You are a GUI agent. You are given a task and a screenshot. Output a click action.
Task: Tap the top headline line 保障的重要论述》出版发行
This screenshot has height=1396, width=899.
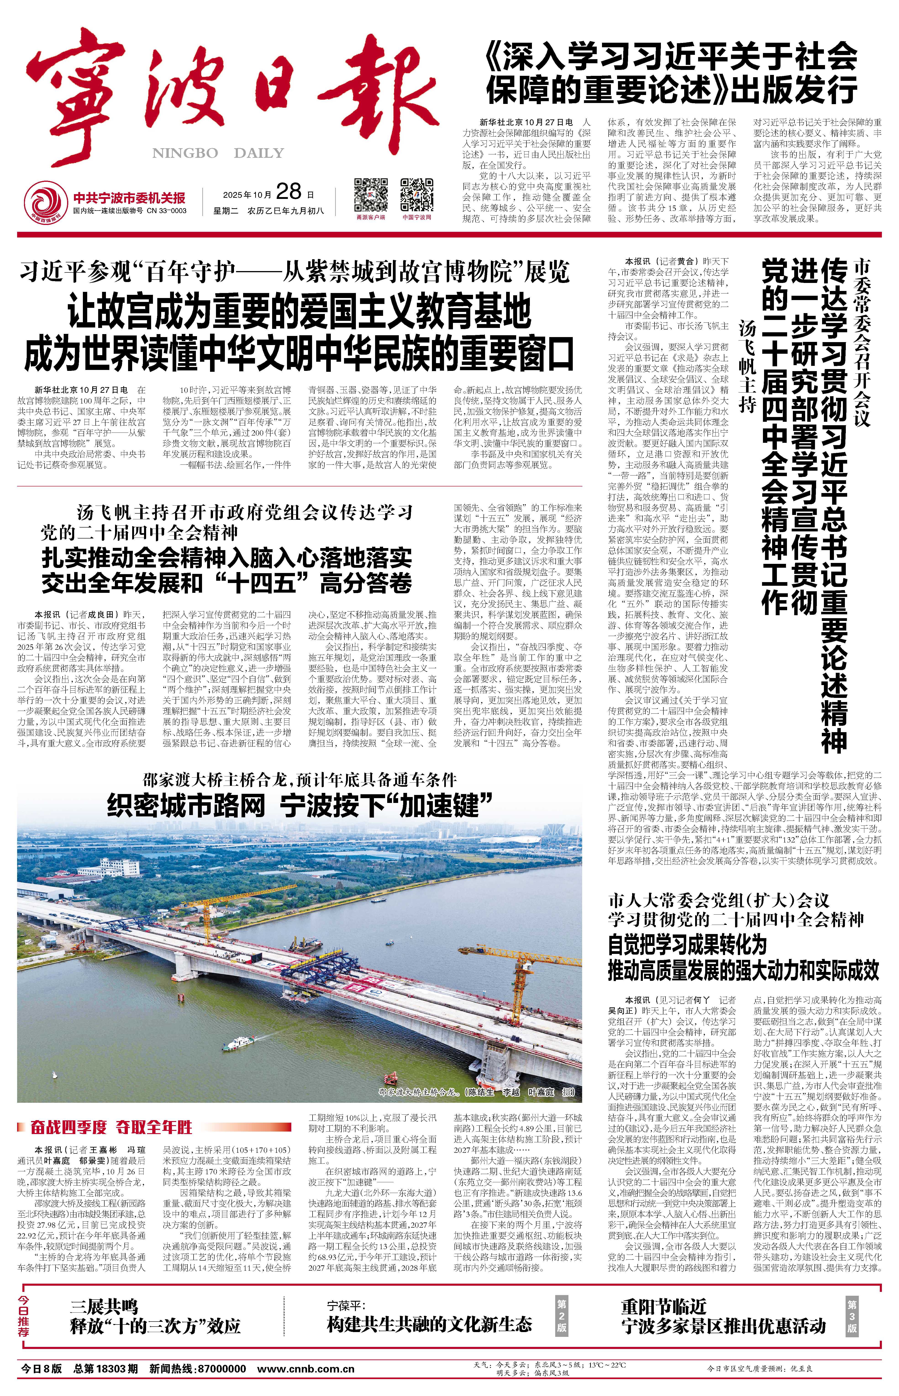(672, 90)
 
